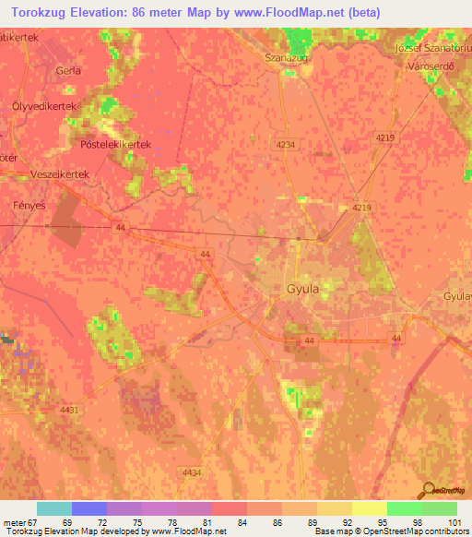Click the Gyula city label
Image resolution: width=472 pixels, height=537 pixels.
(x=302, y=288)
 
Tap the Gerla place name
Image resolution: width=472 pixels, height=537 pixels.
(x=68, y=70)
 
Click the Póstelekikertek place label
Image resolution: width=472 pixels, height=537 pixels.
(x=115, y=145)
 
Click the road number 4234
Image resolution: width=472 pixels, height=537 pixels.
(x=285, y=145)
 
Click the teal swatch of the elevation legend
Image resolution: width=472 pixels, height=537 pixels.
(x=54, y=508)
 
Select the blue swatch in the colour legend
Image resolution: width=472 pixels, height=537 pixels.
(x=89, y=508)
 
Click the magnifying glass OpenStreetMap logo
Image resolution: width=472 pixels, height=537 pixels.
(x=429, y=491)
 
